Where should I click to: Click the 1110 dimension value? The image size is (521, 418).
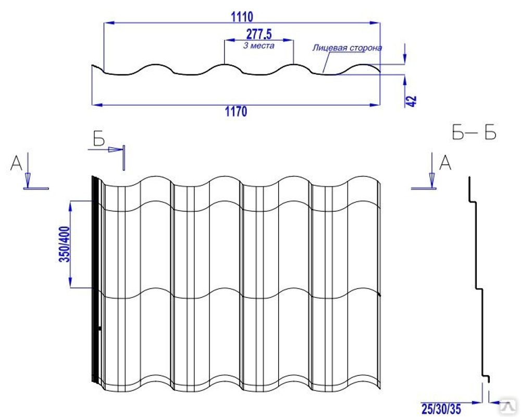(x=242, y=17)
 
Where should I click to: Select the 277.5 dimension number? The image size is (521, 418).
(x=259, y=34)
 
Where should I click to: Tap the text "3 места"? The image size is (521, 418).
(x=258, y=46)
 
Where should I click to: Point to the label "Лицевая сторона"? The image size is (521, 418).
(x=347, y=48)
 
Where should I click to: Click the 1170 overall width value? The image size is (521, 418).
(x=236, y=111)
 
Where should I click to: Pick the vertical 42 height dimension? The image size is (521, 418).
(x=412, y=102)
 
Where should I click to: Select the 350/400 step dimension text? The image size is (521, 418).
(x=65, y=244)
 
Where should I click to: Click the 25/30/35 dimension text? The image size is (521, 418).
(x=441, y=409)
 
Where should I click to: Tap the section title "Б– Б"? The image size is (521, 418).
(x=474, y=132)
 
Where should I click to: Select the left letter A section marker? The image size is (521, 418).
(x=16, y=163)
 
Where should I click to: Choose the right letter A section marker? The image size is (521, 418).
(x=445, y=163)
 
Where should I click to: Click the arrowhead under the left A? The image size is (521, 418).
(x=28, y=180)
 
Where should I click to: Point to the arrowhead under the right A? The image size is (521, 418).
(x=432, y=180)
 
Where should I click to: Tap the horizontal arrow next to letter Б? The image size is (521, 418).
(x=106, y=149)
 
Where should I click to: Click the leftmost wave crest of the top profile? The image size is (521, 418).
(x=155, y=64)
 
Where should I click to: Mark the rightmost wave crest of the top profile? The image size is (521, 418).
(x=361, y=64)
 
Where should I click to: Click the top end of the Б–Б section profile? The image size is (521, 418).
(x=469, y=178)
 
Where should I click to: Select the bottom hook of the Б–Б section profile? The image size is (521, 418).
(x=487, y=378)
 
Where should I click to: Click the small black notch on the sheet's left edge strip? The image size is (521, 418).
(x=100, y=328)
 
